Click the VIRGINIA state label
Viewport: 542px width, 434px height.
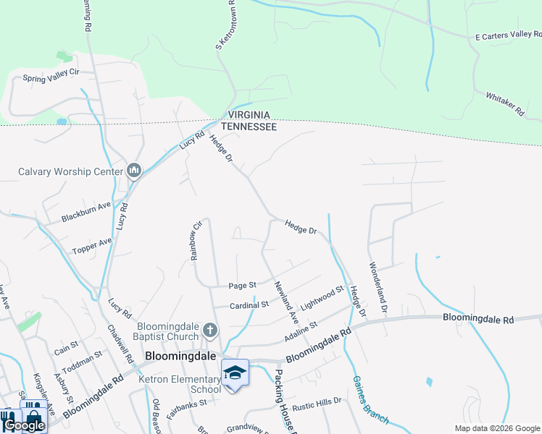tap(249, 115)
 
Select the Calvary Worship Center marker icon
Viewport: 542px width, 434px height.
tap(133, 171)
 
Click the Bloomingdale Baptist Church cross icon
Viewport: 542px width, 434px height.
tap(210, 331)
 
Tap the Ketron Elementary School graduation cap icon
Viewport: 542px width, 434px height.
tap(235, 373)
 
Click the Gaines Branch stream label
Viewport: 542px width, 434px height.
tap(370, 399)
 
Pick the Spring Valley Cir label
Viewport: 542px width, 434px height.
tap(50, 78)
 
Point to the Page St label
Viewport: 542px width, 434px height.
tap(242, 286)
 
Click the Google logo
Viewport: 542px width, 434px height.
tap(24, 425)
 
